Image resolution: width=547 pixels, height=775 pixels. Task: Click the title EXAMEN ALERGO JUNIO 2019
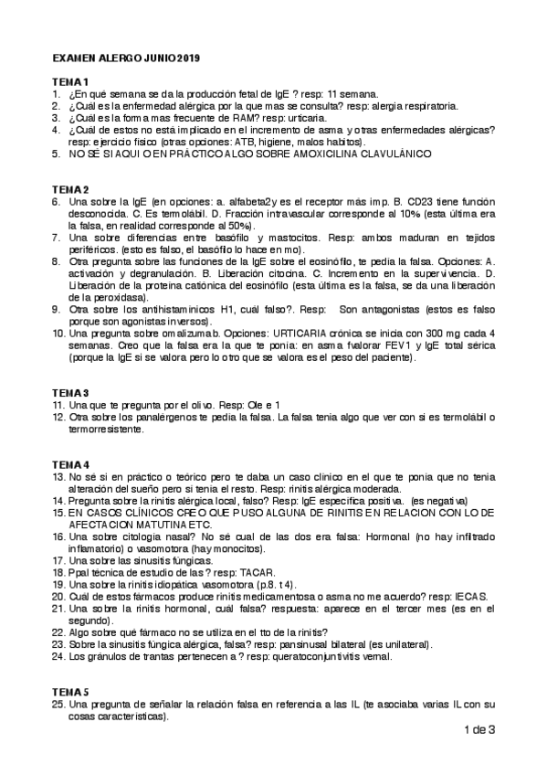126,58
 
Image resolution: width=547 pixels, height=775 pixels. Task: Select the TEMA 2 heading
70,189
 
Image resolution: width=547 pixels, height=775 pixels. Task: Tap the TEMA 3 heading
70,392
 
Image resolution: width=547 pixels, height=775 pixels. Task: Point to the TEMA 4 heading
70,464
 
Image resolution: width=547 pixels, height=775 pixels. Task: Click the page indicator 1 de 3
479,729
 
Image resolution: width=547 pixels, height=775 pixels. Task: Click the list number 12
57,417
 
